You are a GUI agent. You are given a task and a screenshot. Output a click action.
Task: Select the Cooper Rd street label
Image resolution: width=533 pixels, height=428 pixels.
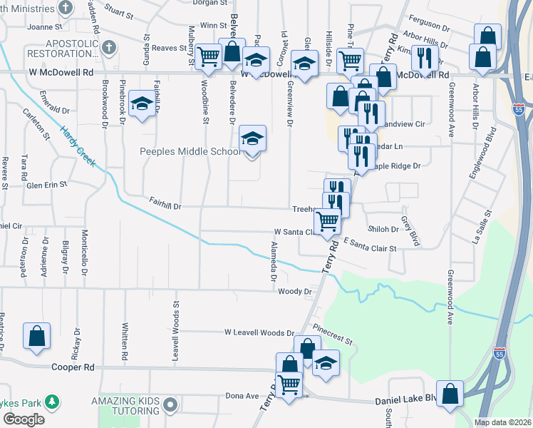coord(73,367)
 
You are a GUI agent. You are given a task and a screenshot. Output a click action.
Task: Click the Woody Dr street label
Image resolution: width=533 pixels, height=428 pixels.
coord(295,291)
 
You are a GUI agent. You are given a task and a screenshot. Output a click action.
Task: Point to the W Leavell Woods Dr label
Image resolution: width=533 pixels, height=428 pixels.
coord(259,332)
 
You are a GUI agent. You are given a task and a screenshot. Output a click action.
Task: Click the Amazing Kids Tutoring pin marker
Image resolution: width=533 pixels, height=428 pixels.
coord(170,405)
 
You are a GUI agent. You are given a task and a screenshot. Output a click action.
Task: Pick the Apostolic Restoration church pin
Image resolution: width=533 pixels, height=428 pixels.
coord(108,48)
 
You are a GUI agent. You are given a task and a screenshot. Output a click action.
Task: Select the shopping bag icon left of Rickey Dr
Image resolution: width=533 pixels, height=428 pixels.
coord(36,337)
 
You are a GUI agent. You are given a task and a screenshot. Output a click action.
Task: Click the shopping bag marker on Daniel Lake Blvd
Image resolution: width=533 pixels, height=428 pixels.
coord(451,394)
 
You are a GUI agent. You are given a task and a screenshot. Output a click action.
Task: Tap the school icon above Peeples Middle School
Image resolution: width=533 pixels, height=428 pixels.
coord(252,138)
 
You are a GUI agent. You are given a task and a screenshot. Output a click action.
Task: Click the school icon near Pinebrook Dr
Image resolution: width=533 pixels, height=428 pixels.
coord(142,105)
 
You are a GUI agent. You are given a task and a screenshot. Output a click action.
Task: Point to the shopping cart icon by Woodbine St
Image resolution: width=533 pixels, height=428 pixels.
coord(209,56)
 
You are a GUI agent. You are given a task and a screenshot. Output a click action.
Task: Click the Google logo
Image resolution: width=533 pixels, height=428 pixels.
coord(24,419)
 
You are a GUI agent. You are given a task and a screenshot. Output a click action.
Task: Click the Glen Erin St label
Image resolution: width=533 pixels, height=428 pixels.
coord(46,183)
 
